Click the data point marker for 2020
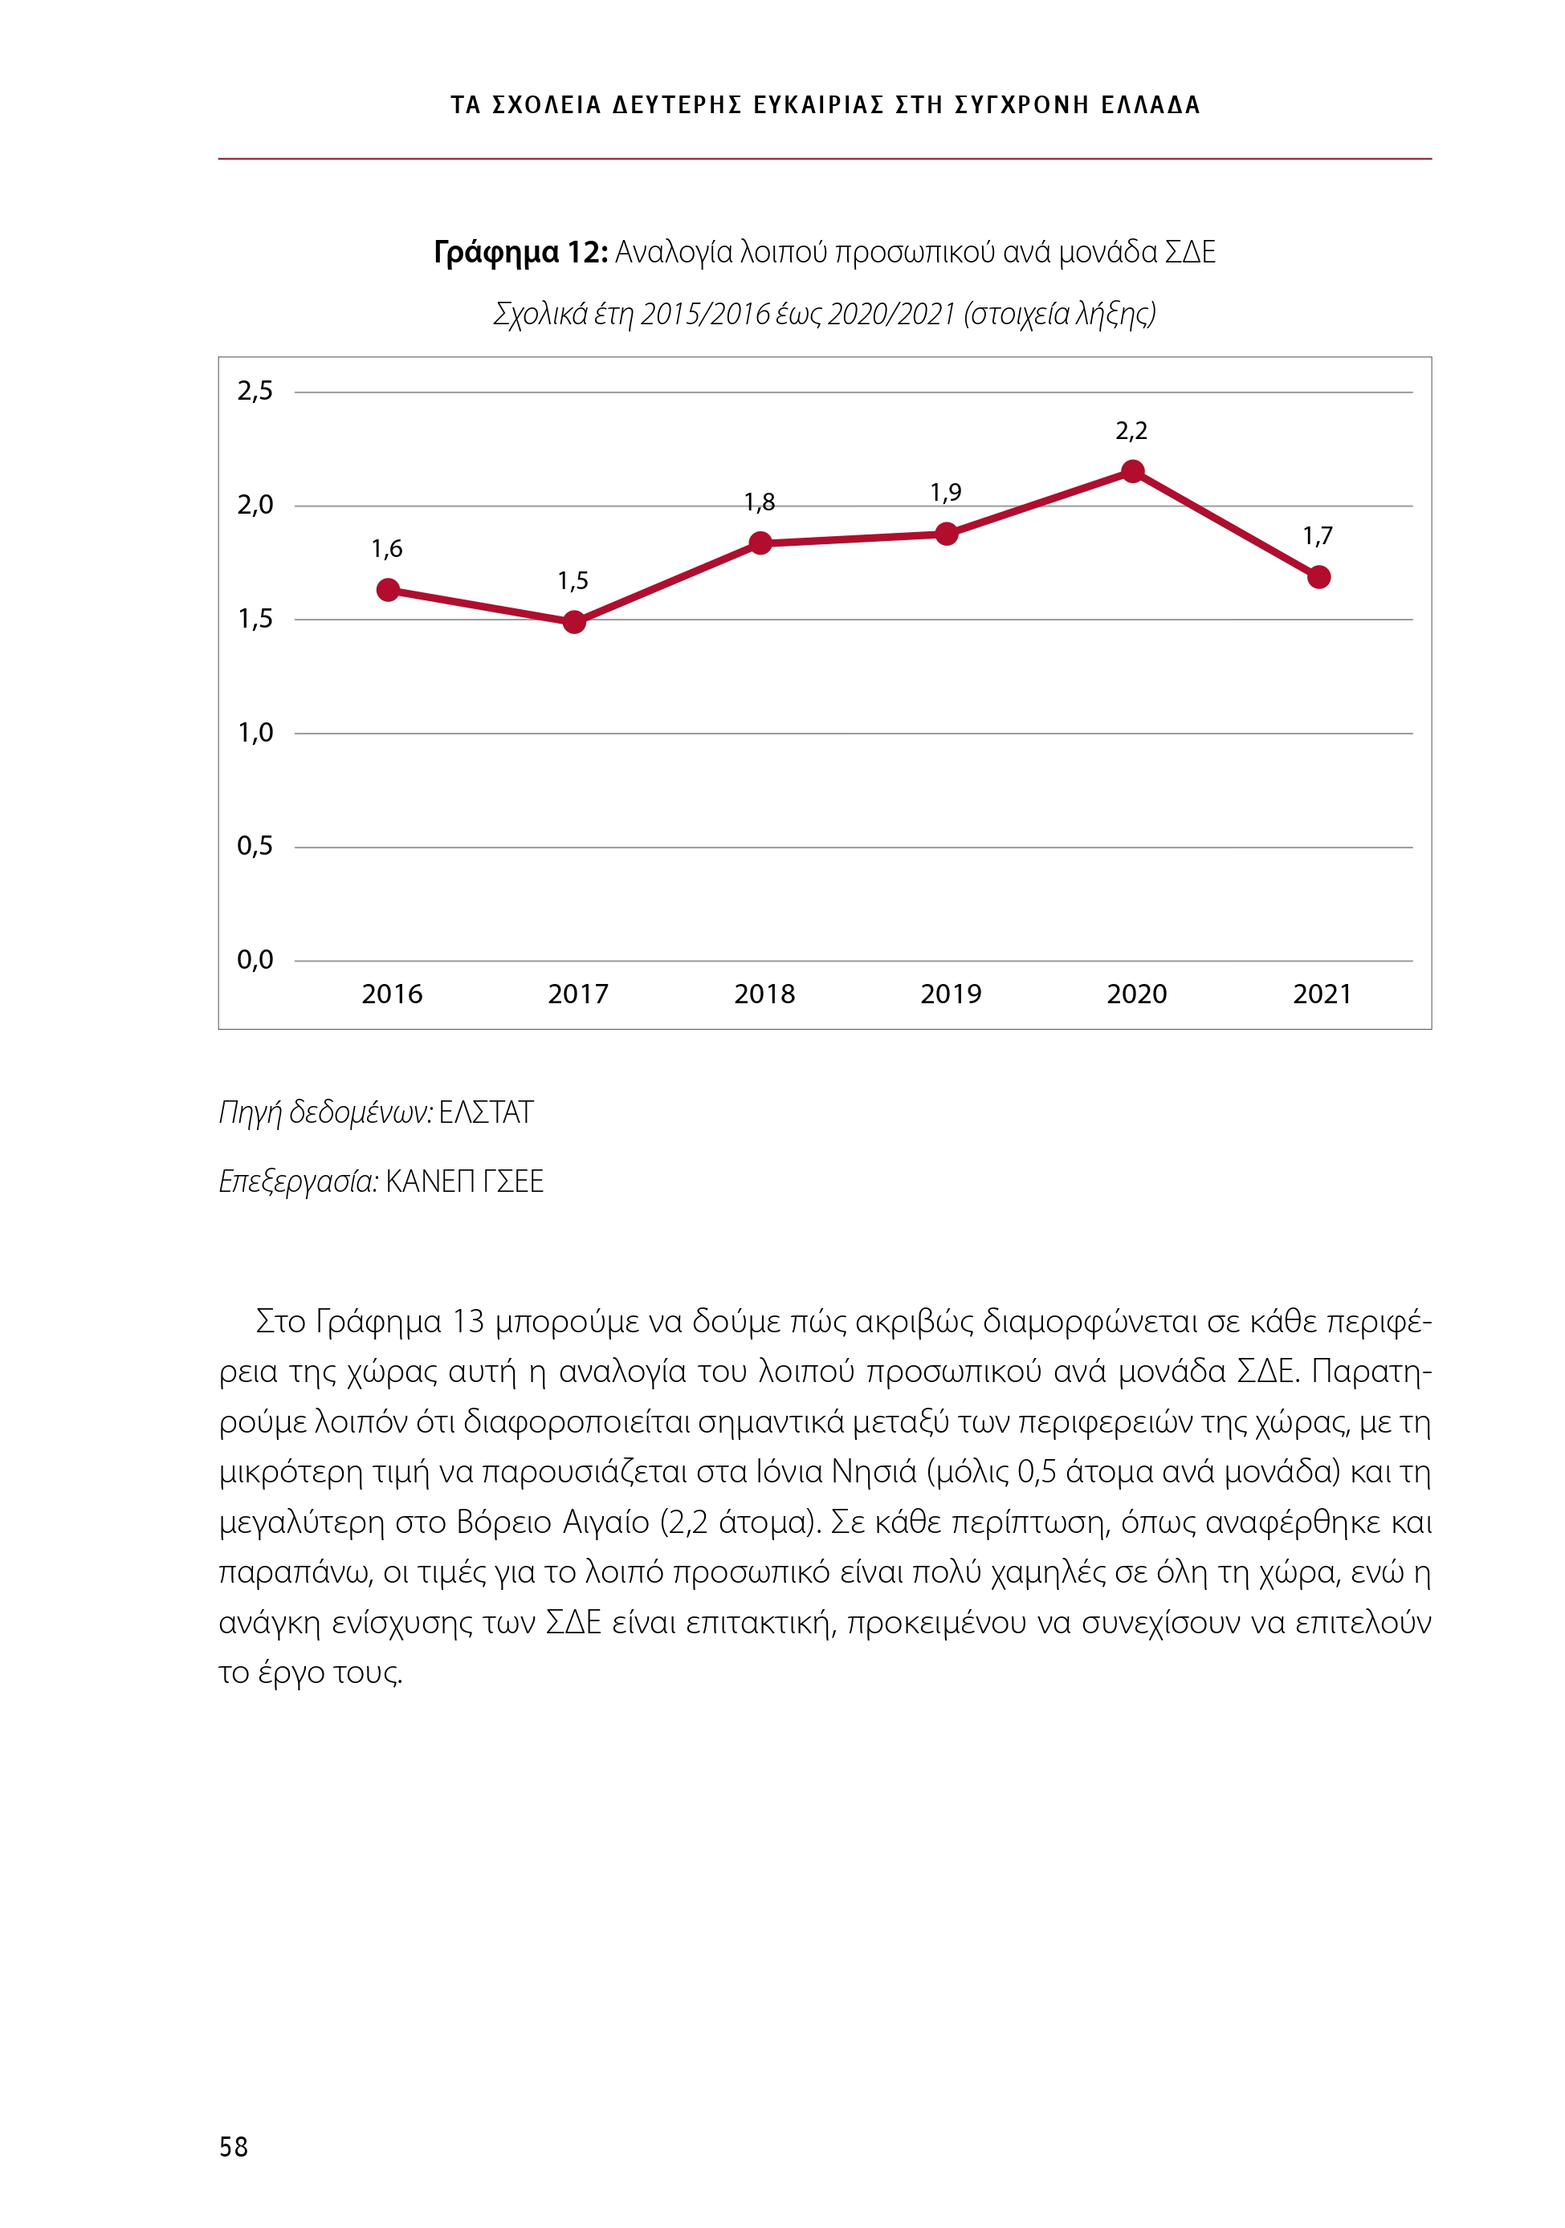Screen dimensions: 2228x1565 1132,472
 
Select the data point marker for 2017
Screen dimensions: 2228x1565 574,622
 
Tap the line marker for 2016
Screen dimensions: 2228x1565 387,590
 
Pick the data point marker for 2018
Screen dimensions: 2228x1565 760,543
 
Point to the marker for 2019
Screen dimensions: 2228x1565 947,534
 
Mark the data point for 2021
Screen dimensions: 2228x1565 1318,577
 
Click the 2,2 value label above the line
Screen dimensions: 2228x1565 1131,431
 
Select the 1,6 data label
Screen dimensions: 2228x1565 386,549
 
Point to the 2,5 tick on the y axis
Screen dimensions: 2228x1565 255,391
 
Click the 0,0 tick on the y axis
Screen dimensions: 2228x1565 255,960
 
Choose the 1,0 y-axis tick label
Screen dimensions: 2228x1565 255,733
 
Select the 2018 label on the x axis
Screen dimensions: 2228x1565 764,994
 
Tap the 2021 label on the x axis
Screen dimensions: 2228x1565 1322,994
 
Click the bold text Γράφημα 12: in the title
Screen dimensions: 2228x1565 520,252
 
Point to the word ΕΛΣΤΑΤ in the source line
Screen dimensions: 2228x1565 486,1112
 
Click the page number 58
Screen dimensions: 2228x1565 234,2146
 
